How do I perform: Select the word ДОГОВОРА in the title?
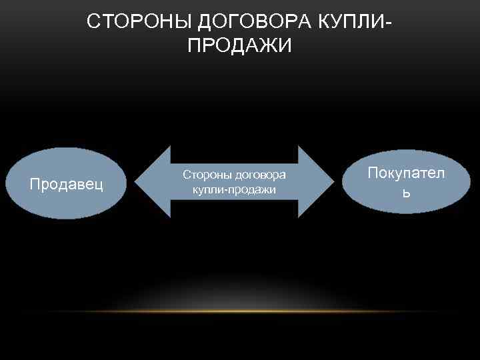247,21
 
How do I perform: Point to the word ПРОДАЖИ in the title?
236,45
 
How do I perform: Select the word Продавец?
67,184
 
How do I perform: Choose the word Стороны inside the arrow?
204,175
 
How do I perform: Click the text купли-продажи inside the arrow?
234,190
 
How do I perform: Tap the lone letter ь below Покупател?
406,193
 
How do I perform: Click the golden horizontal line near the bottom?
240,311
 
